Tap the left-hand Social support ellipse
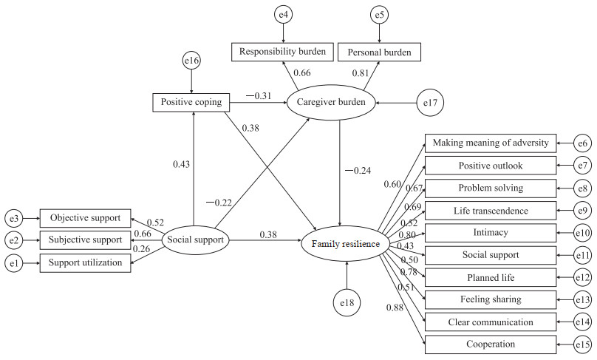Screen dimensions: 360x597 pos(196,240)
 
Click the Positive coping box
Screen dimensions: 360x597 pos(192,102)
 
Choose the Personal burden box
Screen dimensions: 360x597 pos(380,52)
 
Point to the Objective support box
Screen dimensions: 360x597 pos(85,218)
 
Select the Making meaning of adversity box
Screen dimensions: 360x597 pos(490,143)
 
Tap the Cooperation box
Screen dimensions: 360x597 pos(490,344)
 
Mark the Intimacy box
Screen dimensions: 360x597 pos(490,233)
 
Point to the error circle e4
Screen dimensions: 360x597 pos(283,14)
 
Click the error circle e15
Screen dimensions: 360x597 pos(584,344)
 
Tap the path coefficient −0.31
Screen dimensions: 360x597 pos(259,96)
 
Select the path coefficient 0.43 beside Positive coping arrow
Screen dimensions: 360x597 pos(180,164)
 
